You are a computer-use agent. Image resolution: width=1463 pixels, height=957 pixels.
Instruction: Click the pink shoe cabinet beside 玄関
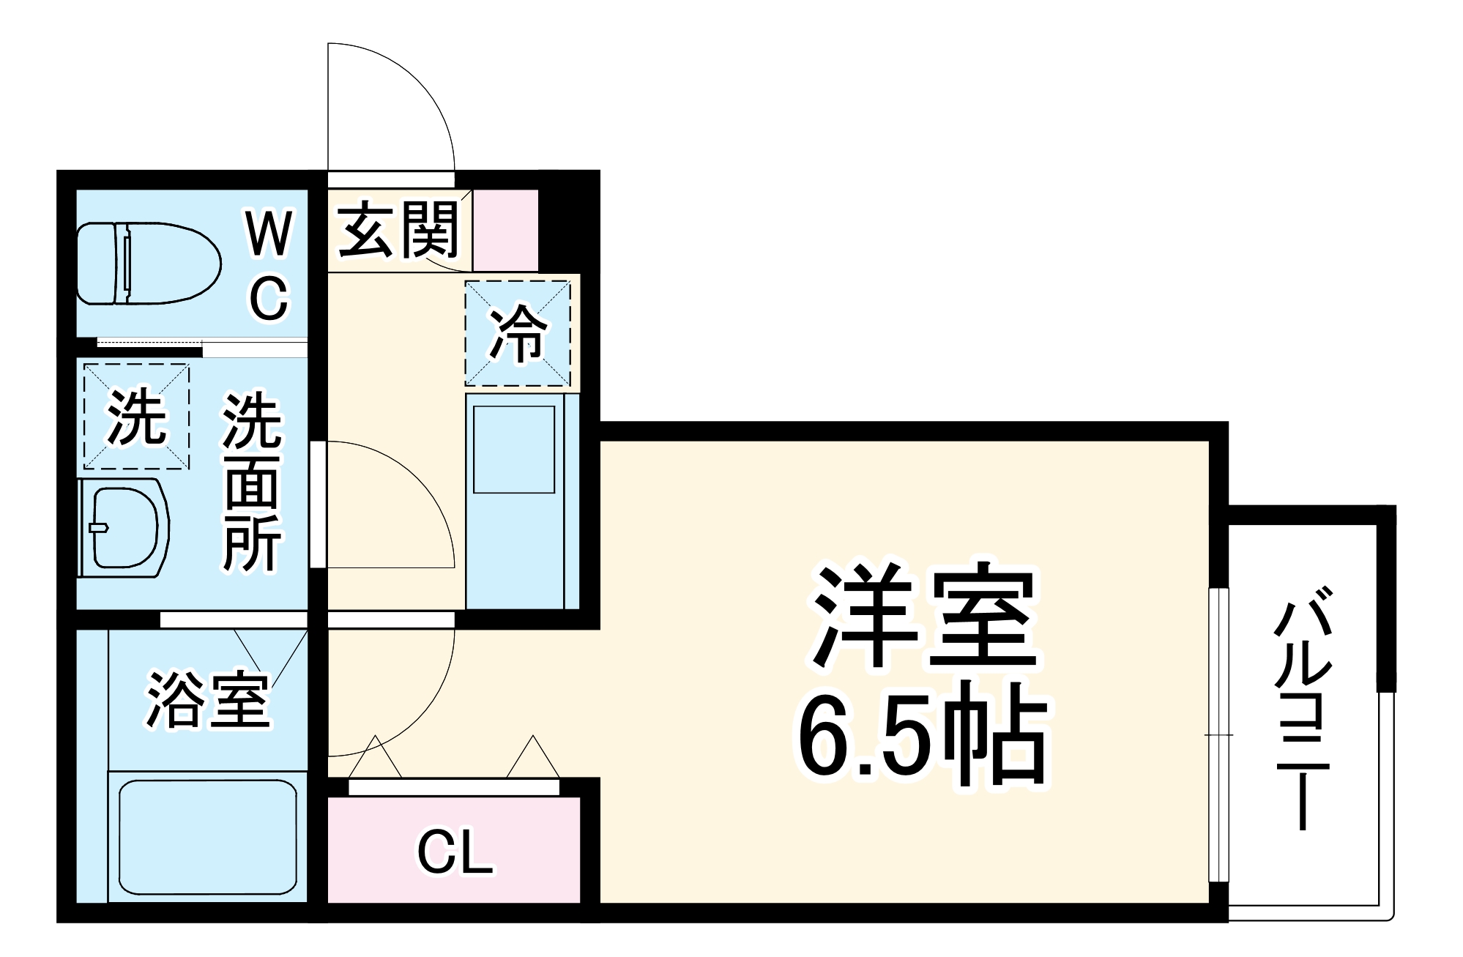click(505, 230)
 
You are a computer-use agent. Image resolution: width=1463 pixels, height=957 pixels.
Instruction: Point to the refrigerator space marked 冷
click(518, 333)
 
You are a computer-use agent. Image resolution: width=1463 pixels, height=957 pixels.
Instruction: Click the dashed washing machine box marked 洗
click(136, 417)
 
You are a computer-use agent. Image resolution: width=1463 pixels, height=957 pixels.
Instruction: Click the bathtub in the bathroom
click(207, 837)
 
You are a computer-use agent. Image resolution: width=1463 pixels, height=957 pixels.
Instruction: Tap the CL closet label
click(455, 852)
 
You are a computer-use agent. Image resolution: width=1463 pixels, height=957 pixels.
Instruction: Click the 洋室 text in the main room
click(924, 617)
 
